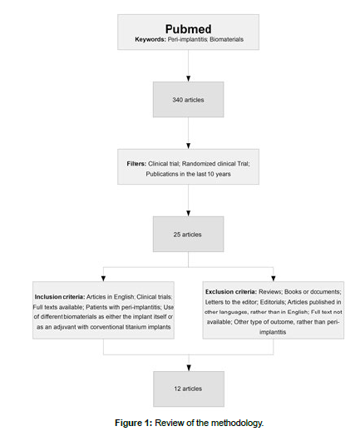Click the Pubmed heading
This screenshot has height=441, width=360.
188,29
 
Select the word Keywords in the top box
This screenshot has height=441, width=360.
150,39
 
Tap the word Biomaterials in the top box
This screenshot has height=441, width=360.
226,39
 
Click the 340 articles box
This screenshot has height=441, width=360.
188,100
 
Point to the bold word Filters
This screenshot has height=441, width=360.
136,164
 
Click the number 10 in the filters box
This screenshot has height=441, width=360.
211,174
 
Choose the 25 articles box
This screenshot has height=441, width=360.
188,235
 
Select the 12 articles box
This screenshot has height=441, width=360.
189,389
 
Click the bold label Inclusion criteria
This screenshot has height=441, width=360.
60,297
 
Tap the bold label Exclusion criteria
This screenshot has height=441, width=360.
231,292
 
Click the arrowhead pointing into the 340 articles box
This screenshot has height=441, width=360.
188,79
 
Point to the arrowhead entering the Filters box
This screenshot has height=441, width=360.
188,146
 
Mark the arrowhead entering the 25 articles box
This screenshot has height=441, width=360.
188,214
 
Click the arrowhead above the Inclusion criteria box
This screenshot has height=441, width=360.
103,279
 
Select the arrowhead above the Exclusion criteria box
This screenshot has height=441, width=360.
274,279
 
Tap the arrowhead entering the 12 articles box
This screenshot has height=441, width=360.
189,368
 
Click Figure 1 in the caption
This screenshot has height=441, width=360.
134,423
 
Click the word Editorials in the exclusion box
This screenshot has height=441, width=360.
272,302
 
